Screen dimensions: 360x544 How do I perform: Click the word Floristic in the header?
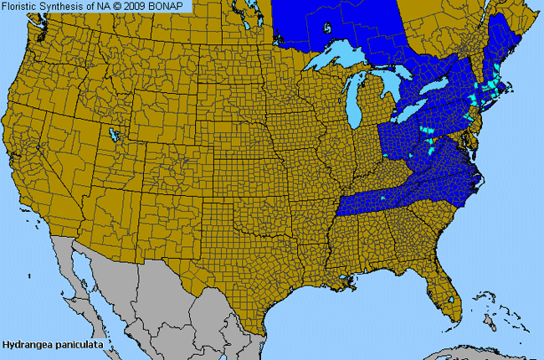21,7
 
